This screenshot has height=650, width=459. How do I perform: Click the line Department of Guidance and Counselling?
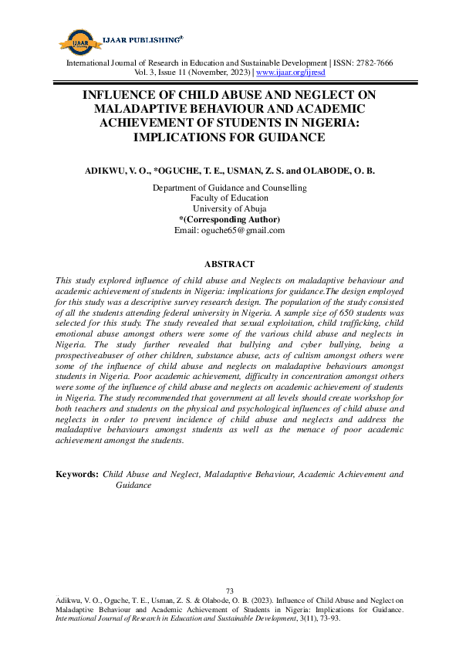[x=229, y=188]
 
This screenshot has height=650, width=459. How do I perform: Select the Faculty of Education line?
[x=229, y=198]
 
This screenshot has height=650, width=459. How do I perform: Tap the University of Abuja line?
[x=229, y=209]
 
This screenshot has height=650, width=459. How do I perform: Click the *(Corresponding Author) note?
[x=229, y=219]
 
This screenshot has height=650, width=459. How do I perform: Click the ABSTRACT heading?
[x=229, y=264]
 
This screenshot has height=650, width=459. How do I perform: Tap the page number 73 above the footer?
[x=229, y=591]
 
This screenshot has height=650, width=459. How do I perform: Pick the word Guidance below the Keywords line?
[x=133, y=486]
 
